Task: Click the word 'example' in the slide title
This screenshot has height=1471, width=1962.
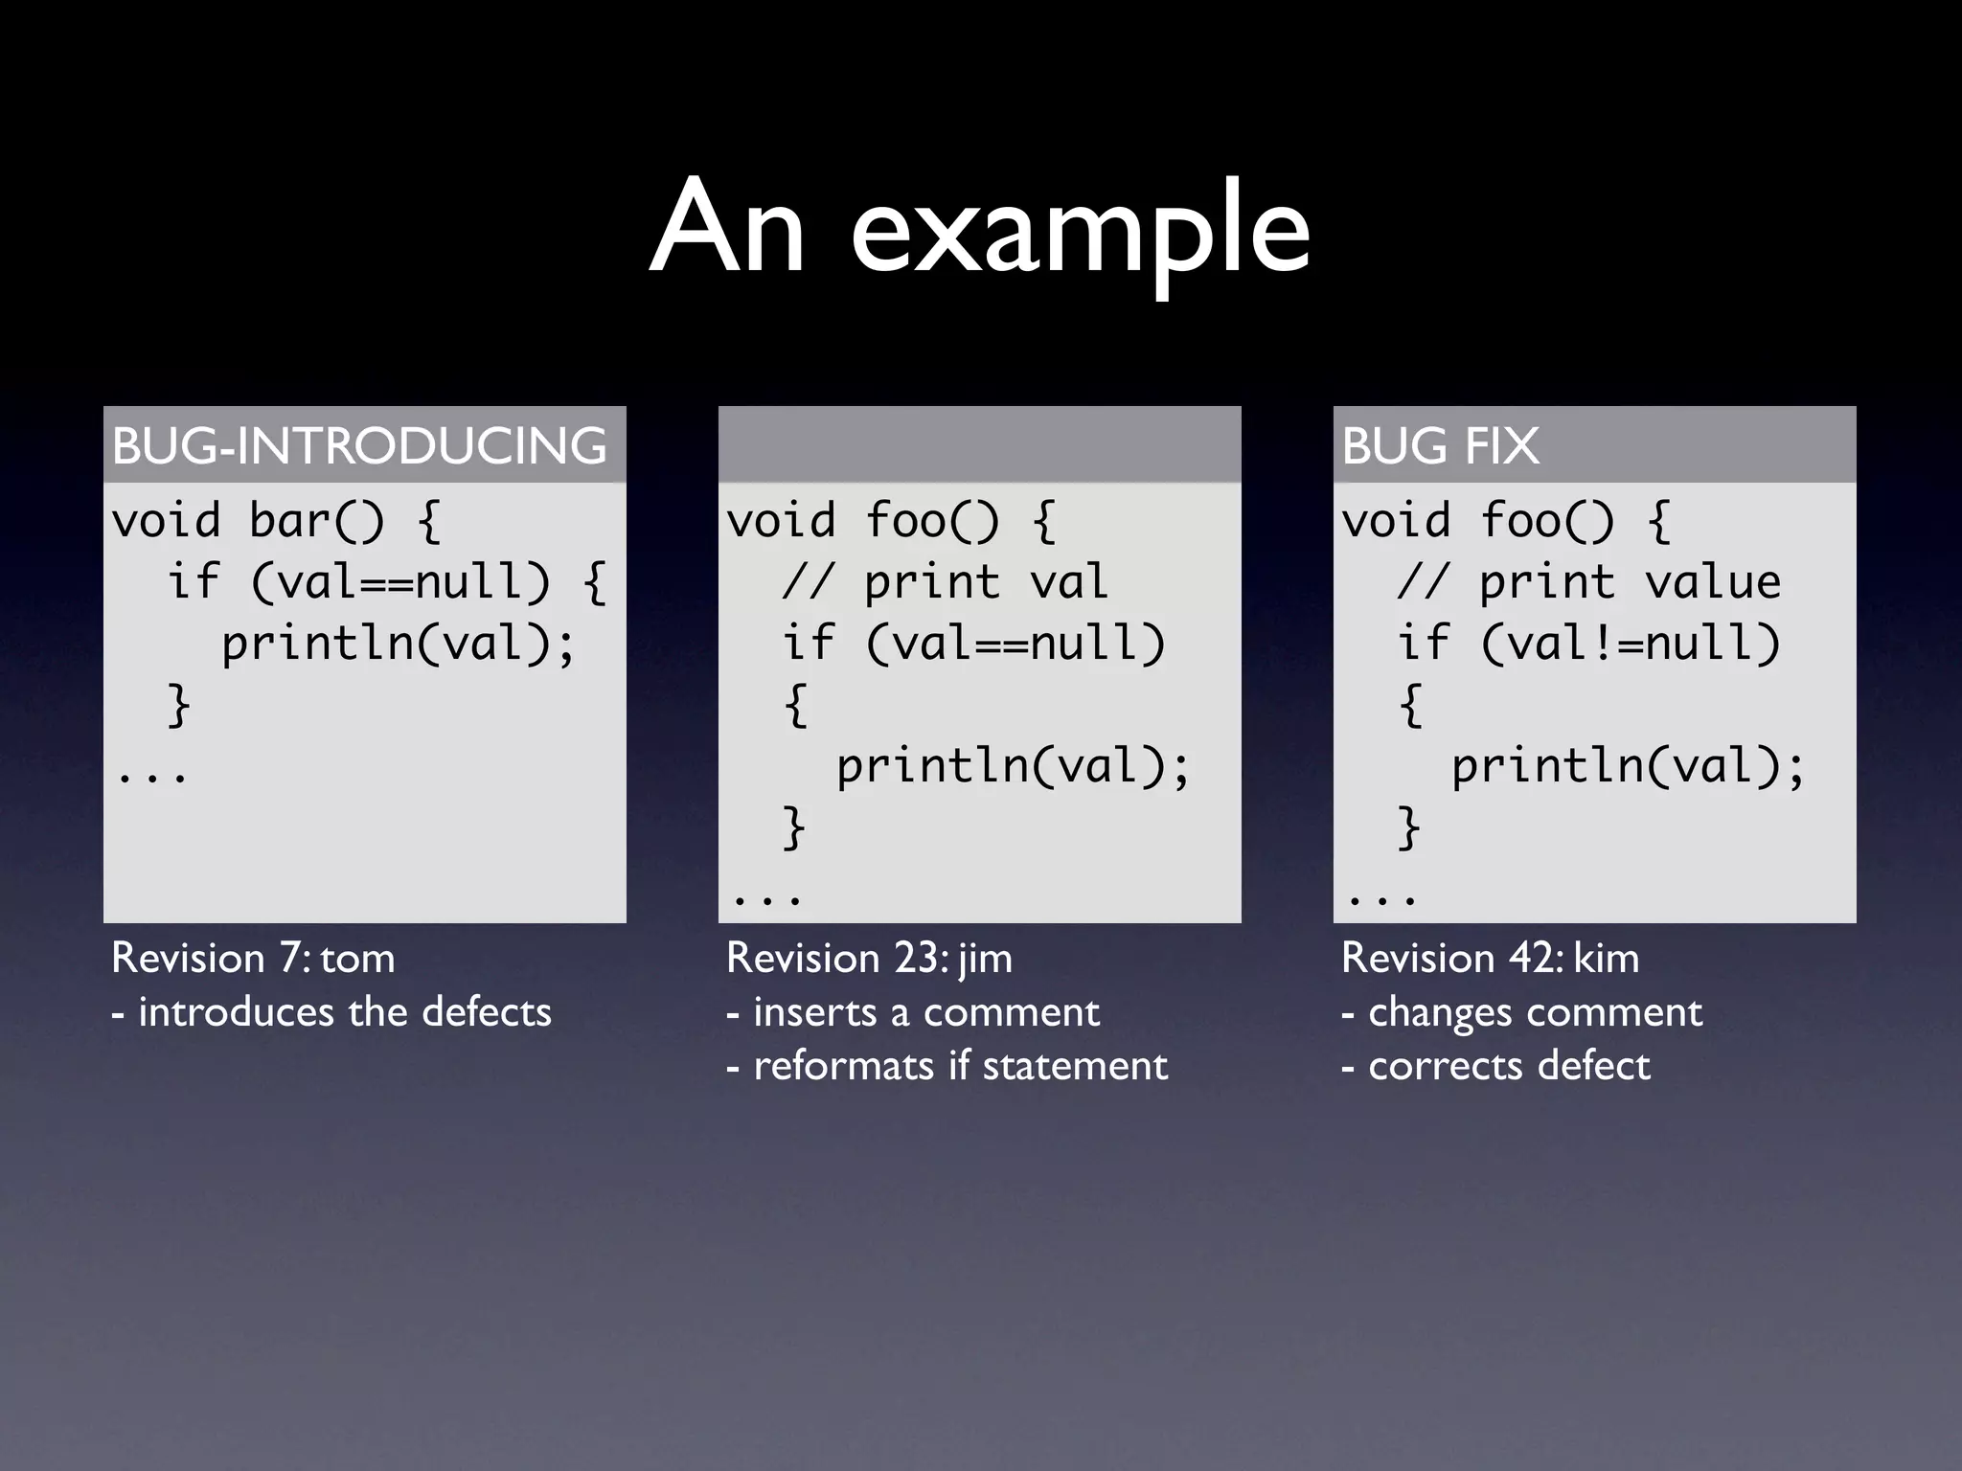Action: (x=1081, y=230)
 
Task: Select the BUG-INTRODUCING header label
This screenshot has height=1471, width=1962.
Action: (x=359, y=446)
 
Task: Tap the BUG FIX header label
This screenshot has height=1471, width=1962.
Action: (x=1440, y=446)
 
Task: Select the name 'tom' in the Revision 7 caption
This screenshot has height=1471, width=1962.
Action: (x=357, y=959)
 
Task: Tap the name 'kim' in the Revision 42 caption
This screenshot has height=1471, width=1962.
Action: (x=1607, y=959)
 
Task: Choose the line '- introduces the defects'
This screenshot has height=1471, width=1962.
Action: (x=331, y=1012)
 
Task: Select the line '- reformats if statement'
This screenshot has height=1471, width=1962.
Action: (x=947, y=1066)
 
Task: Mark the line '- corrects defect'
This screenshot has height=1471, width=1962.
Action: (x=1496, y=1066)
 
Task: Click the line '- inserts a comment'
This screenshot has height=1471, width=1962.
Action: (x=913, y=1012)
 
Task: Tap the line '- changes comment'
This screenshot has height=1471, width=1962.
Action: (x=1522, y=1012)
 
